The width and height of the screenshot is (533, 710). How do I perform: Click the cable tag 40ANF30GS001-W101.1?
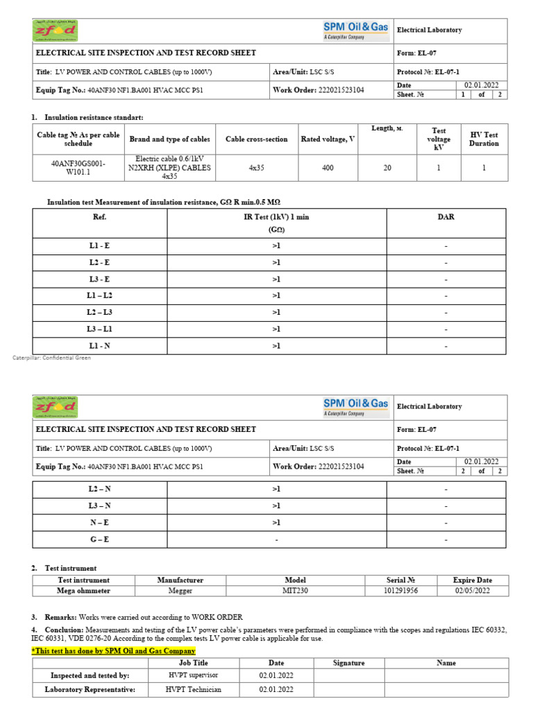(69, 167)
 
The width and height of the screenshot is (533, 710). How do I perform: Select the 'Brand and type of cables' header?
(170, 139)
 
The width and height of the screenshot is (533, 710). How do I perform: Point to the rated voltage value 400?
(328, 167)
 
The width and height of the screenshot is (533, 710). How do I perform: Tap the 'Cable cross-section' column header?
(257, 139)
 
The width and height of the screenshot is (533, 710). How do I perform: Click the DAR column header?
(446, 217)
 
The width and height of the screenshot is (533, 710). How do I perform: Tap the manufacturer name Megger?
(180, 591)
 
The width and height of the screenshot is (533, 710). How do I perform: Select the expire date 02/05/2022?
(473, 591)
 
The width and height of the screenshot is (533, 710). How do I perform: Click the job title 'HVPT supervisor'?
(193, 675)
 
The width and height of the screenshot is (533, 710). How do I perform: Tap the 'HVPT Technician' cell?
(193, 690)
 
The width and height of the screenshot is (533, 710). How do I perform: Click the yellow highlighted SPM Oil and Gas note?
(113, 651)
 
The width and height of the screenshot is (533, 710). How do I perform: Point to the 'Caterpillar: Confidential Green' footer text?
(52, 358)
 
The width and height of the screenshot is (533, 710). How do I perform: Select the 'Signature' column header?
(348, 663)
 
